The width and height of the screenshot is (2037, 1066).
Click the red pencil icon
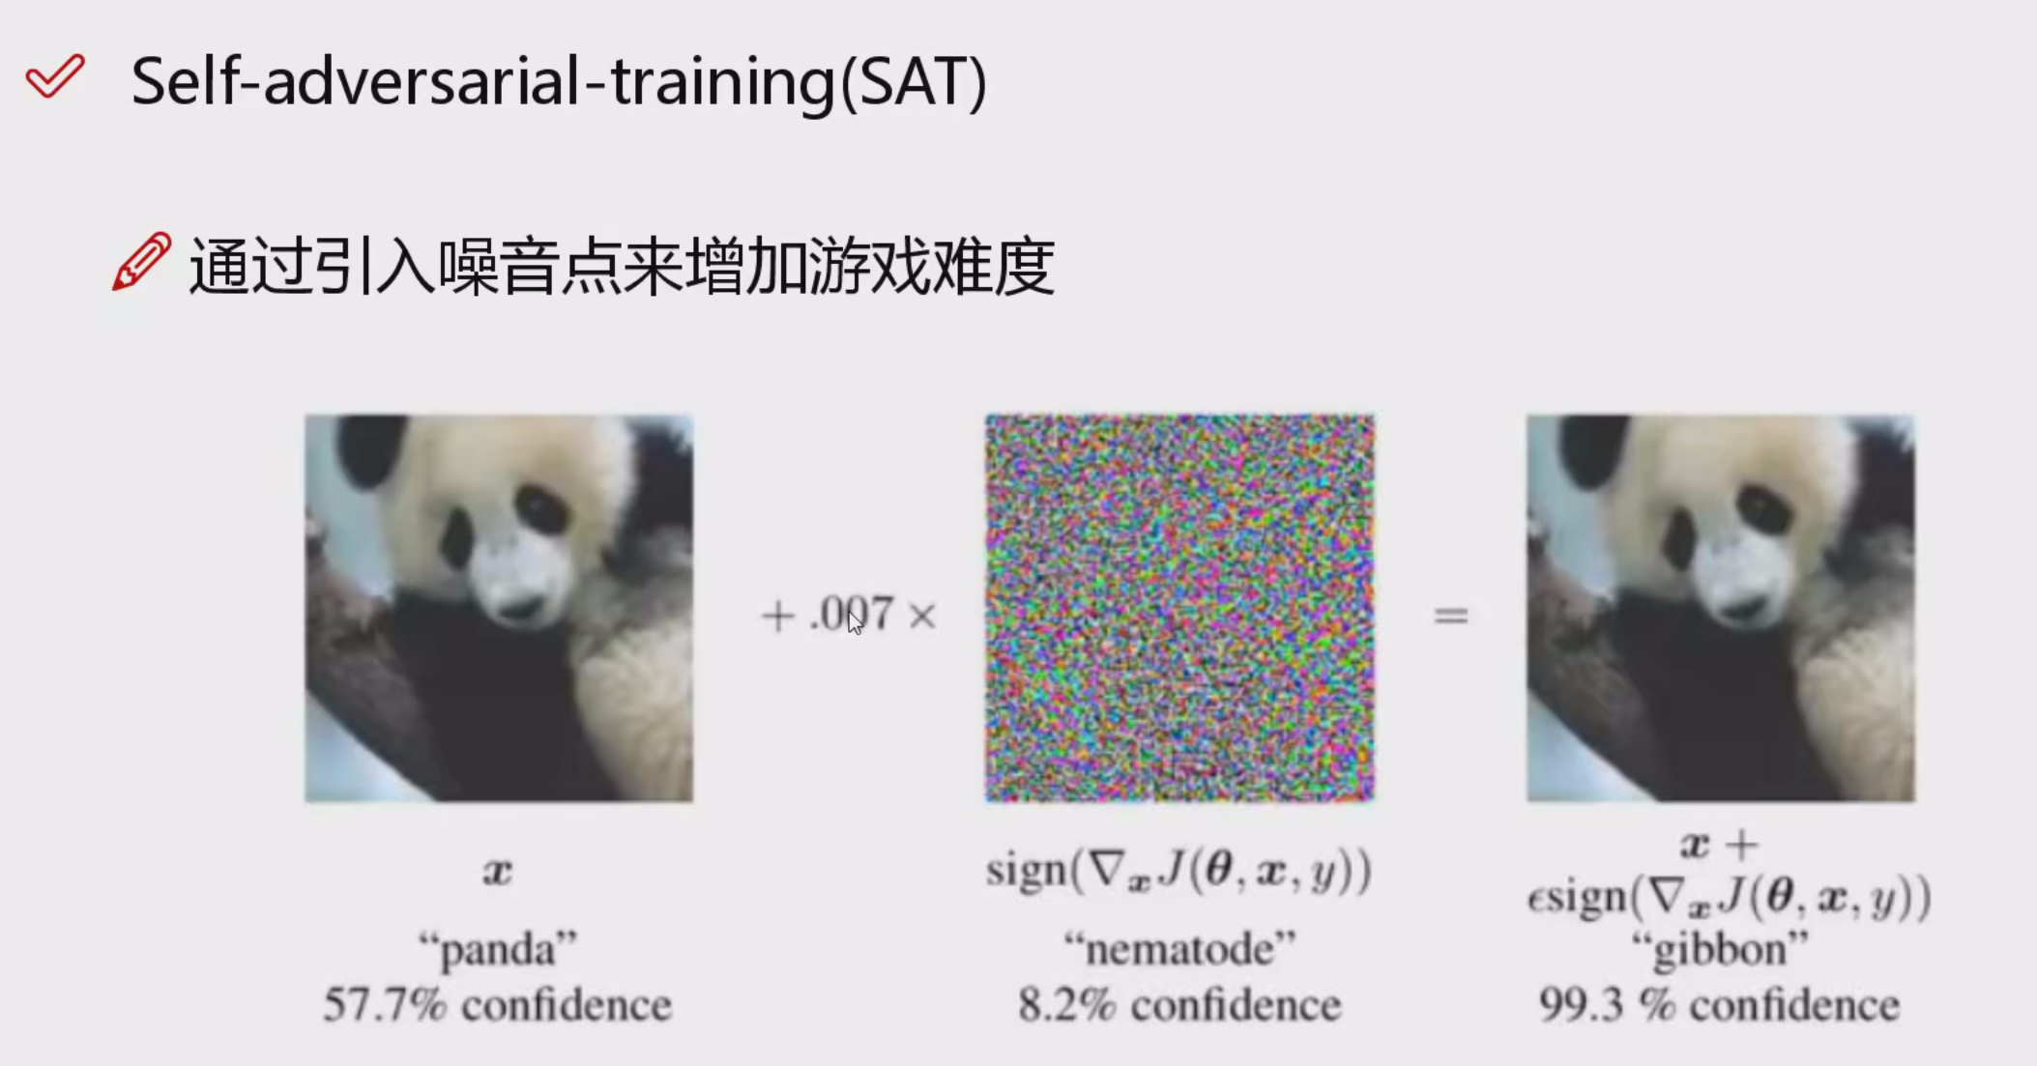[x=141, y=261]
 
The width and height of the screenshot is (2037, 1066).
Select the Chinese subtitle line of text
[x=621, y=266]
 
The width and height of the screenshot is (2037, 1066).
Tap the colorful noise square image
[x=1179, y=608]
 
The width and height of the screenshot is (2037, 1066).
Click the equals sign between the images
[x=1450, y=615]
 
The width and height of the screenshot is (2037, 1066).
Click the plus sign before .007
[x=777, y=616]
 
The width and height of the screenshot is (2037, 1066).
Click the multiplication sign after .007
[x=922, y=616]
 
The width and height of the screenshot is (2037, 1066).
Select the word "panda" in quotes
[x=498, y=949]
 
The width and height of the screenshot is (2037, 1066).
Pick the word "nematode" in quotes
[x=1179, y=948]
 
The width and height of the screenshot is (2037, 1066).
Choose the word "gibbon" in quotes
[x=1720, y=949]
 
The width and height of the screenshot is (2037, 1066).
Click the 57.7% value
[x=385, y=1005]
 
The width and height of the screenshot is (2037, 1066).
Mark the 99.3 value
[x=1581, y=1005]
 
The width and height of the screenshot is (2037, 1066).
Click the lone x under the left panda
[x=497, y=872]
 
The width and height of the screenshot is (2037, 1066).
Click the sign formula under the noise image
[x=1179, y=871]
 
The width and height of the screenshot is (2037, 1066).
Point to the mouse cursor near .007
[x=855, y=622]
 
